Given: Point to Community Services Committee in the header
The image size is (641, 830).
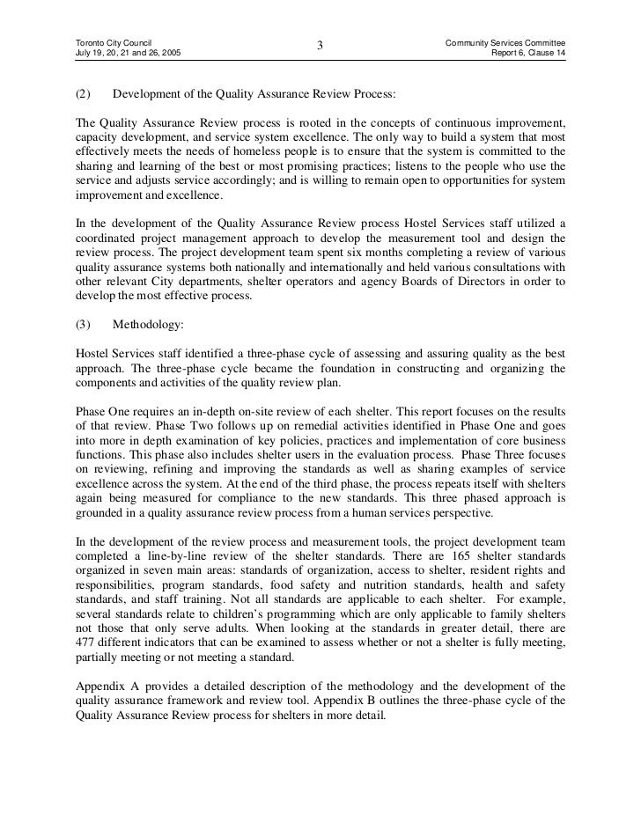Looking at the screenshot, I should pyautogui.click(x=505, y=42).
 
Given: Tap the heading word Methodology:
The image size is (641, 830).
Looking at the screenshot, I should pyautogui.click(x=149, y=324).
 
